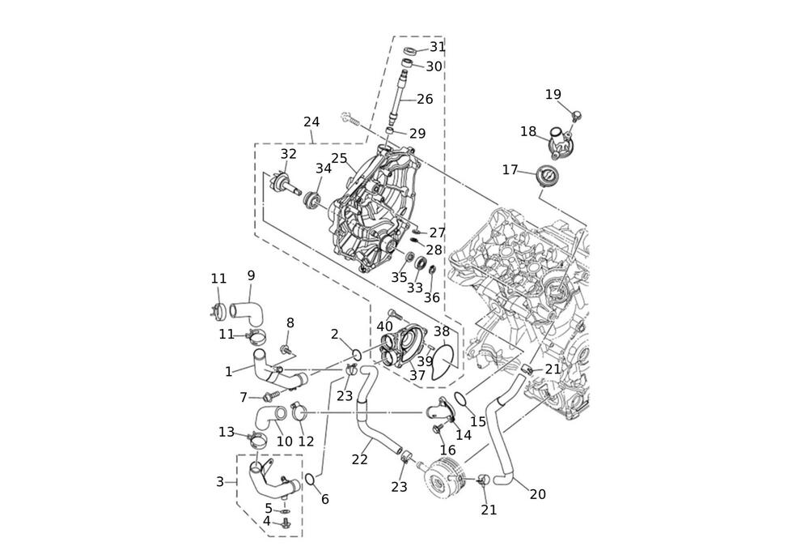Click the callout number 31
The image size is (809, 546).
(437, 47)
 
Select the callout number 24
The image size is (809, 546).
(311, 122)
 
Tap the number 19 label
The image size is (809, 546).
(553, 95)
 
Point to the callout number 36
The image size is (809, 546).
(432, 297)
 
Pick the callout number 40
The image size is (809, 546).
(384, 326)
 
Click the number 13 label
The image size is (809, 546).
(226, 432)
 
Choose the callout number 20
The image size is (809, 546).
(537, 493)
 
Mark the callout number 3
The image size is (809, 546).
(220, 482)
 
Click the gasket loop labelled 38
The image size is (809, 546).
(442, 362)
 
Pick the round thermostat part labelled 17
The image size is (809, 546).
(549, 175)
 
